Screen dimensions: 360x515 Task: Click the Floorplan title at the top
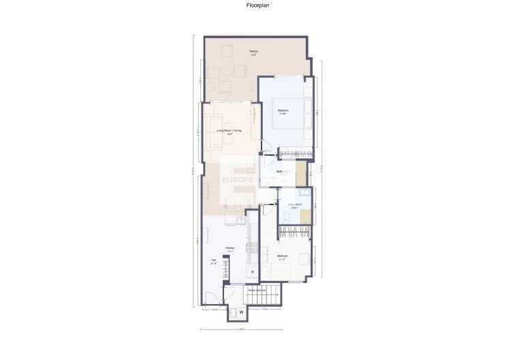(x=257, y=5)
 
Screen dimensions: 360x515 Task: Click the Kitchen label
(x=230, y=247)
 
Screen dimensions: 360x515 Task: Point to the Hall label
(x=214, y=262)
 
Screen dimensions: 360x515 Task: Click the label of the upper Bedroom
(x=283, y=111)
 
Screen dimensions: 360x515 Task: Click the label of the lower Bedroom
(x=282, y=257)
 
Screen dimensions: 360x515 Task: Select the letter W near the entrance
(x=240, y=314)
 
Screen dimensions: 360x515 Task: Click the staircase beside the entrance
(x=270, y=295)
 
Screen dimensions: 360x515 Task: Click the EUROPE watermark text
(x=238, y=181)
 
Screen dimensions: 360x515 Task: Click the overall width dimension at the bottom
(x=240, y=330)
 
